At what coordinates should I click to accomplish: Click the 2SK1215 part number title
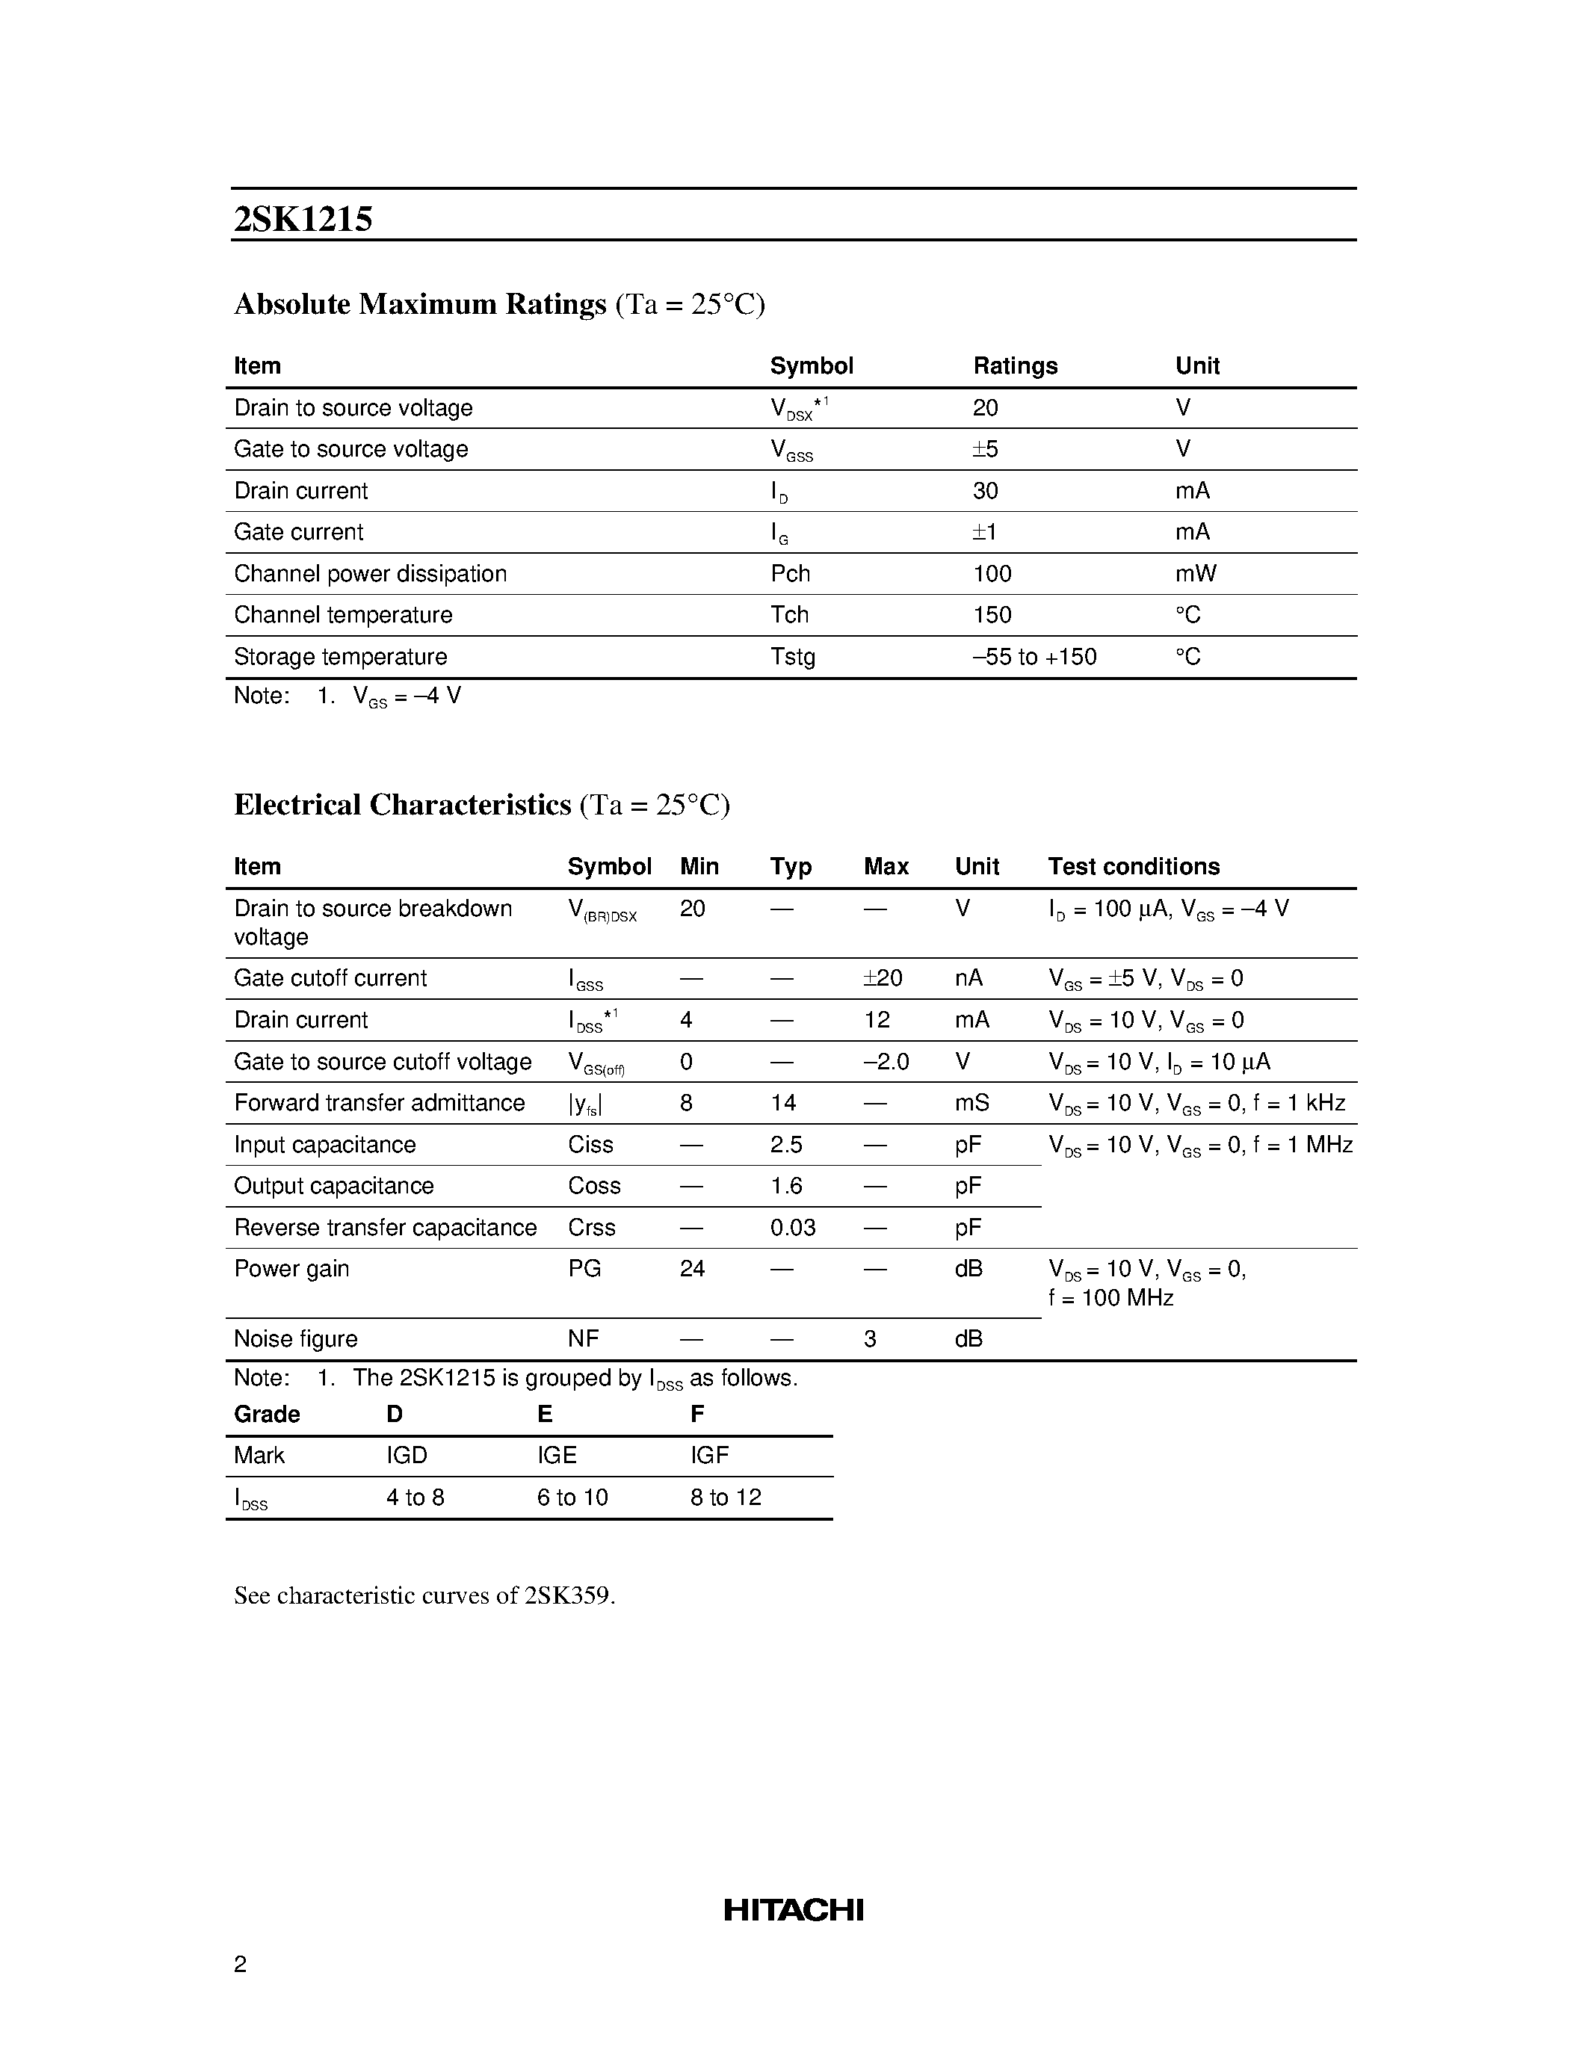point(303,219)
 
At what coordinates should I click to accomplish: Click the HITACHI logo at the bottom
point(793,1909)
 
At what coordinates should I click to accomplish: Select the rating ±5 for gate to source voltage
point(985,449)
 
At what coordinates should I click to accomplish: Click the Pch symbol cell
point(790,573)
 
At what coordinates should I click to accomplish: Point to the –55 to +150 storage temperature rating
point(1034,656)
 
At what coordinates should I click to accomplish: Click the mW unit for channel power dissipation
point(1196,573)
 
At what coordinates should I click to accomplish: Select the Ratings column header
point(1015,365)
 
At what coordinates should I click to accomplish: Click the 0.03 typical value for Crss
point(792,1227)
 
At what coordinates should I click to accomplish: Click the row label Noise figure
point(295,1338)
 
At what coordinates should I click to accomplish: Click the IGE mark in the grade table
point(557,1455)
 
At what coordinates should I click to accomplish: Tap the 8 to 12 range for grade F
point(726,1497)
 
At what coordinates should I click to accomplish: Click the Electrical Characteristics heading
point(403,805)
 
